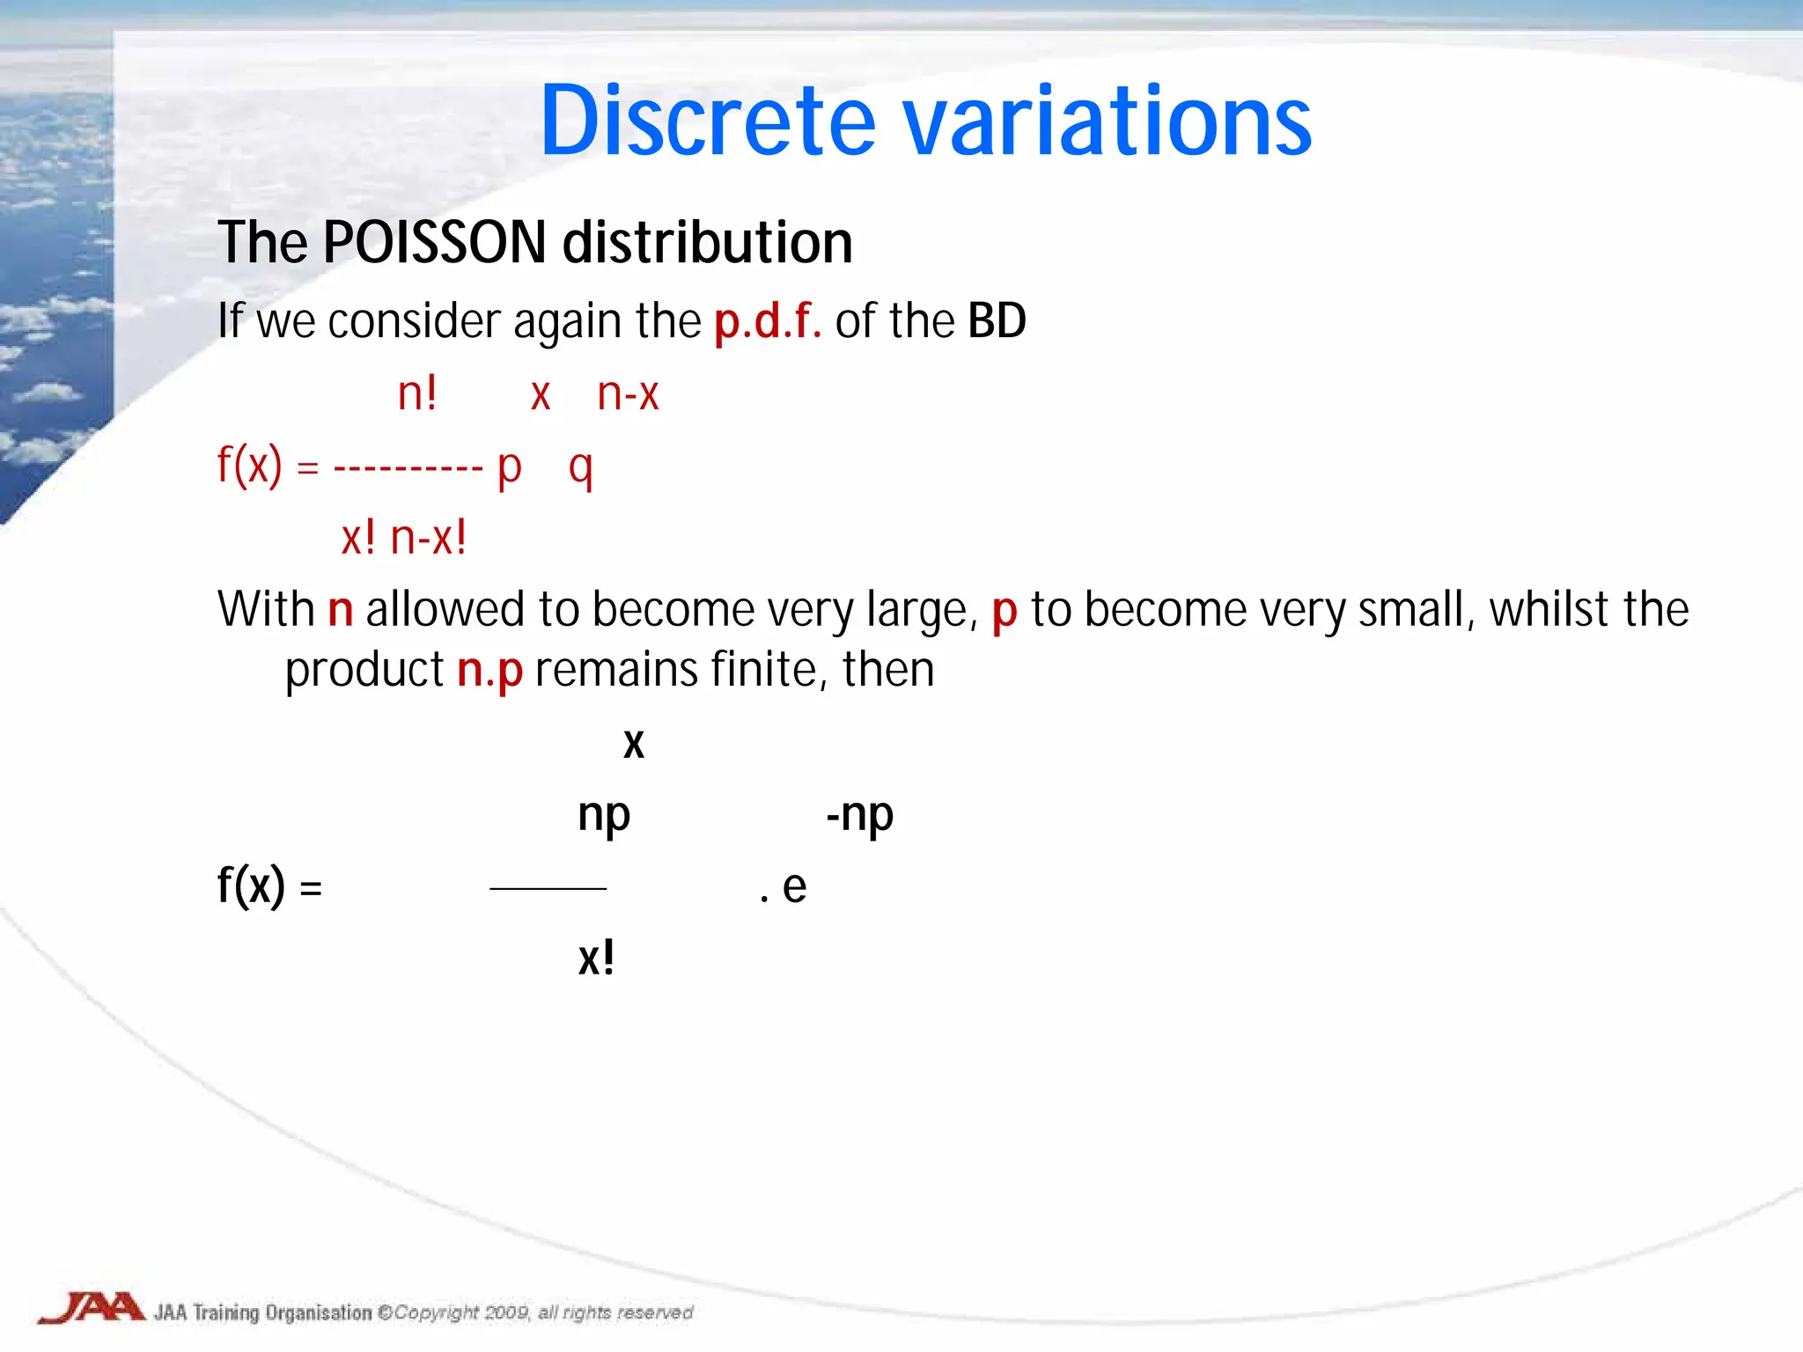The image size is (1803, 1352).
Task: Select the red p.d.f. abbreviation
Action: click(x=767, y=320)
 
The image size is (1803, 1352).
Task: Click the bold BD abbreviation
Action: click(x=997, y=320)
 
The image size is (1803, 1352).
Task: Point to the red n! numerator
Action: click(x=417, y=393)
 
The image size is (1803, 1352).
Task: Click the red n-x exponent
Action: click(x=628, y=393)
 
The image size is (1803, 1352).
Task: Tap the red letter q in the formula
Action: click(x=580, y=467)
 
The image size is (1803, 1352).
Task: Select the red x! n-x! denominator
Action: click(x=404, y=537)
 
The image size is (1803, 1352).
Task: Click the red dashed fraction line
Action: click(x=408, y=467)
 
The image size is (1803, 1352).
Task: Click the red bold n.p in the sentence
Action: click(x=489, y=671)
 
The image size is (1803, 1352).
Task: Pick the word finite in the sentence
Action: click(x=765, y=669)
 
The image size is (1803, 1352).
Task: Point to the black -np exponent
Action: click(x=859, y=815)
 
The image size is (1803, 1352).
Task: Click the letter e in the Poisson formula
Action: click(x=794, y=886)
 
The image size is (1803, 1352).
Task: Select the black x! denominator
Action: click(x=596, y=958)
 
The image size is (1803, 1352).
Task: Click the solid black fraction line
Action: click(x=548, y=889)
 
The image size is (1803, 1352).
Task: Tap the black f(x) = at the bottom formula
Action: click(x=269, y=885)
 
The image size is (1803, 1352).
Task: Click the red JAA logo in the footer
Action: click(x=92, y=1308)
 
